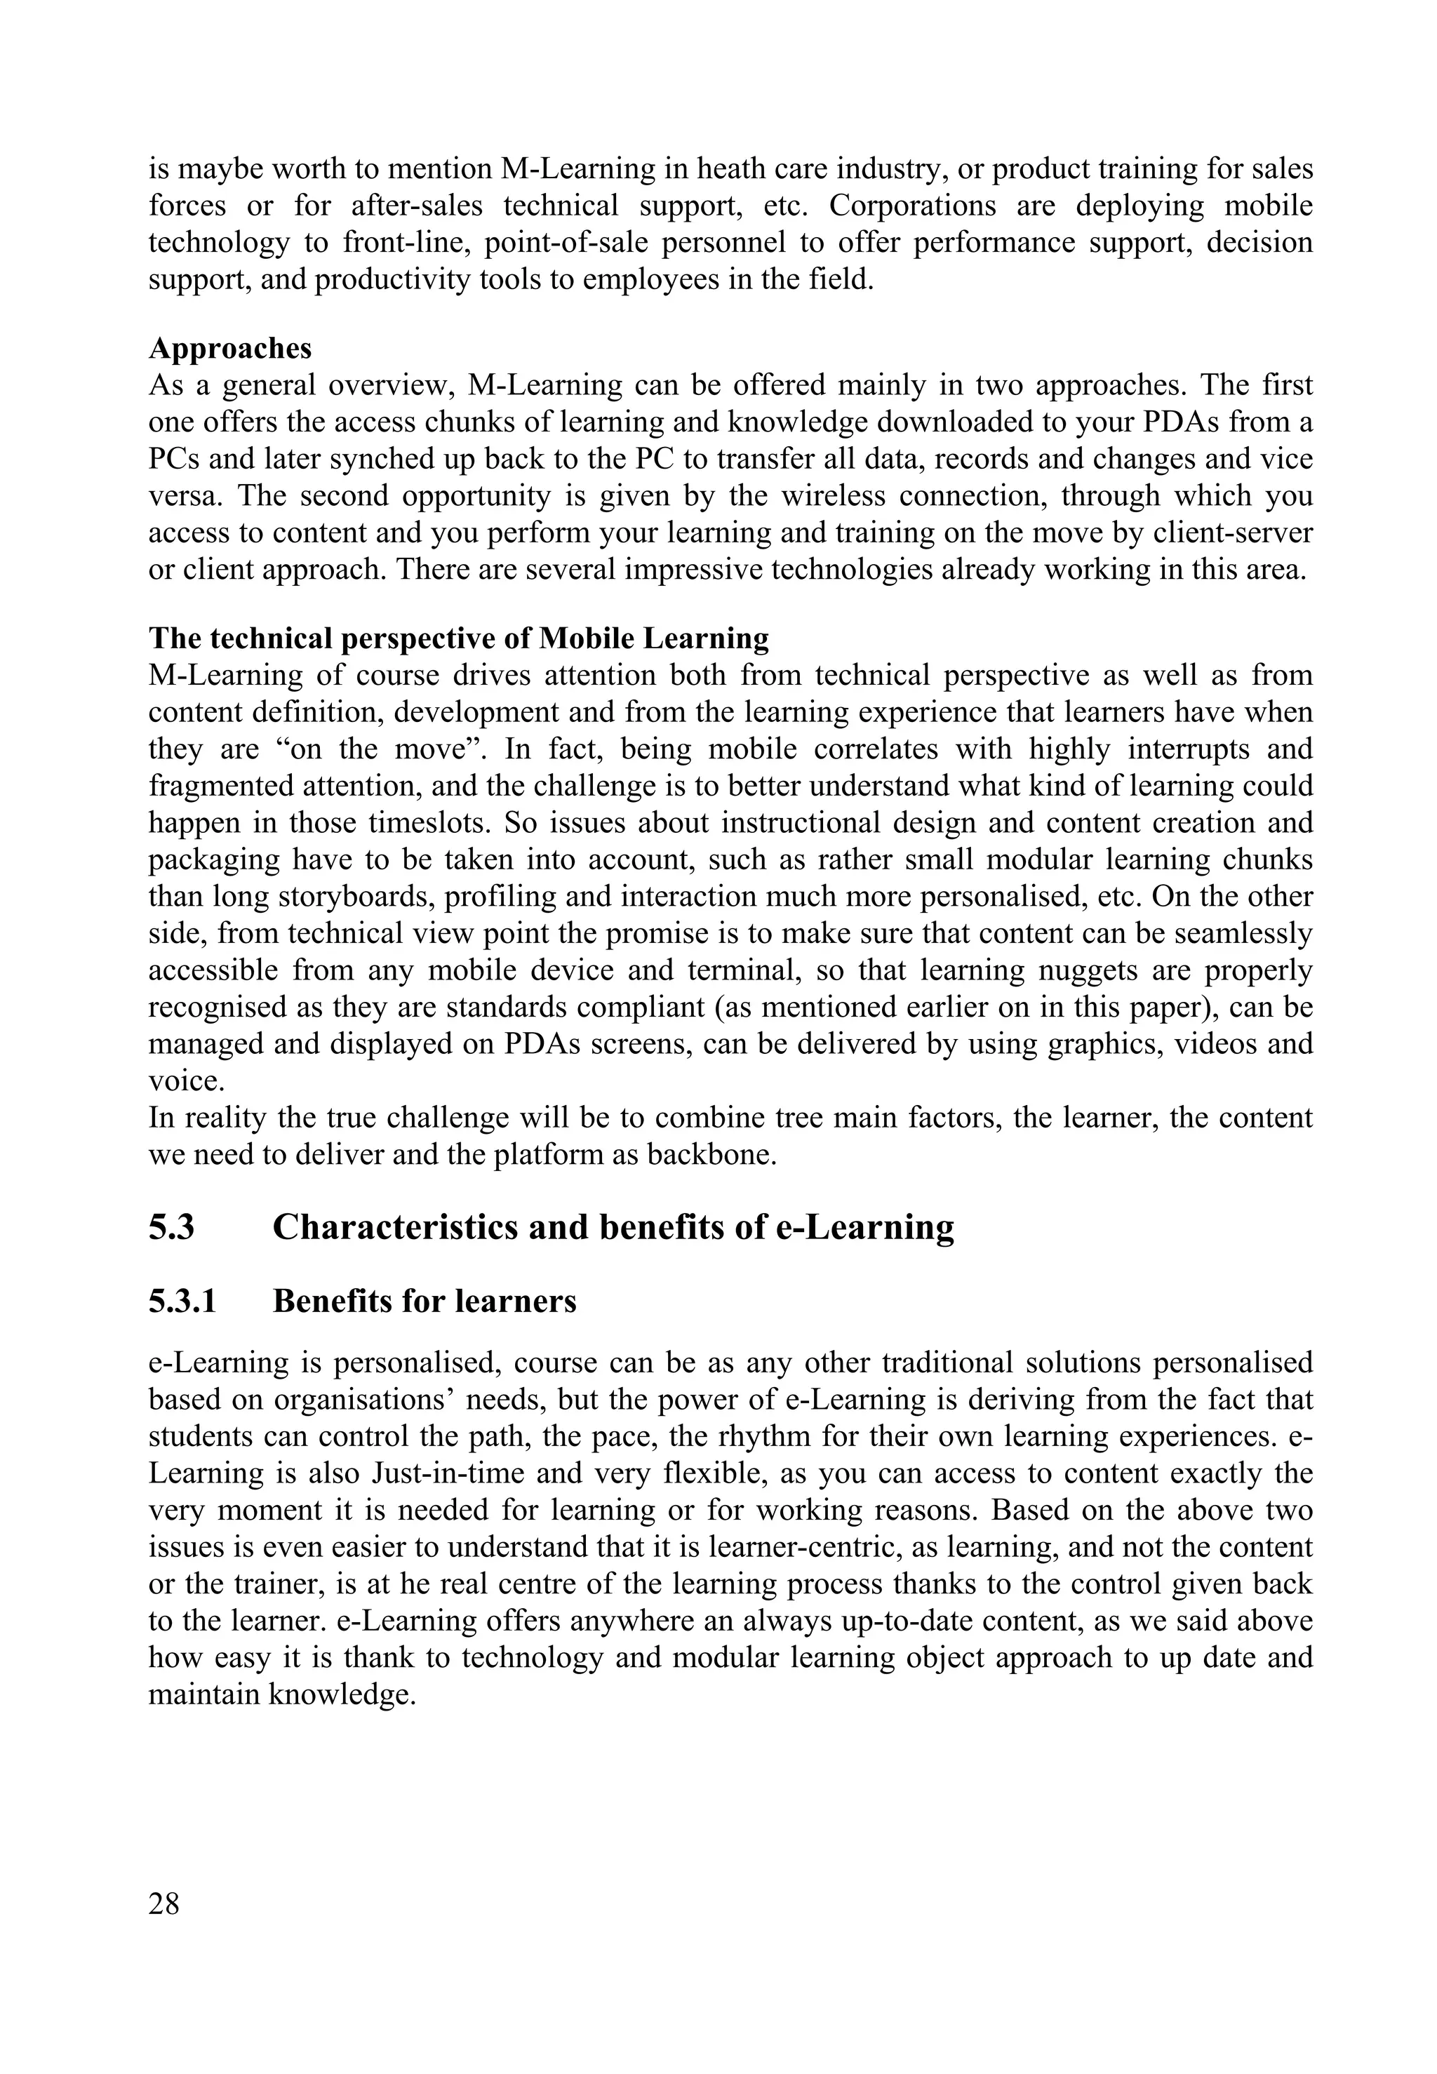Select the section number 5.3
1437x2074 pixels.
pyautogui.click(x=171, y=1227)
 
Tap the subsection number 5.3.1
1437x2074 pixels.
pyautogui.click(x=182, y=1301)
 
